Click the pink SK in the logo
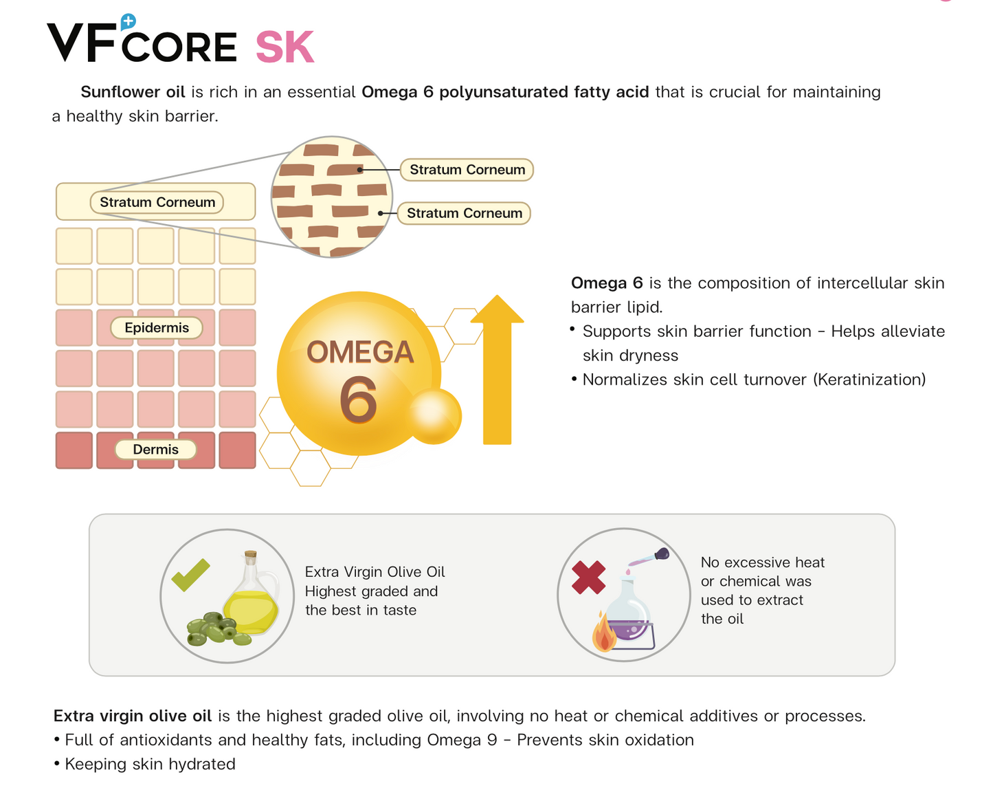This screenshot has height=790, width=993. pyautogui.click(x=284, y=48)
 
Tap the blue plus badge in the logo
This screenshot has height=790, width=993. pyautogui.click(x=128, y=22)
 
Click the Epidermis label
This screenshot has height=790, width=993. pyautogui.click(x=157, y=328)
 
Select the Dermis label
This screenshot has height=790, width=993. pyautogui.click(x=155, y=450)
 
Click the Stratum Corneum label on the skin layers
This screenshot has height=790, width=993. pyautogui.click(x=157, y=202)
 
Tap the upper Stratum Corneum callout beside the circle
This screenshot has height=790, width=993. pyautogui.click(x=467, y=170)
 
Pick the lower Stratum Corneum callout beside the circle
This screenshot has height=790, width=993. pyautogui.click(x=464, y=213)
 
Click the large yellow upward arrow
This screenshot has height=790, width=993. pyautogui.click(x=497, y=371)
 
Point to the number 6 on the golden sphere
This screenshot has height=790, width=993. pyautogui.click(x=358, y=400)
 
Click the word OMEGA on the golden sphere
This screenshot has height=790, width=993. pyautogui.click(x=360, y=353)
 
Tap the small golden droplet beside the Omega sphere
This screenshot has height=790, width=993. pyautogui.click(x=433, y=415)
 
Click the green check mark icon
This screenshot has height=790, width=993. pyautogui.click(x=190, y=575)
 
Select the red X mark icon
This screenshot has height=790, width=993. pyautogui.click(x=588, y=578)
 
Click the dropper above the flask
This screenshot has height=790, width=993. pyautogui.click(x=649, y=558)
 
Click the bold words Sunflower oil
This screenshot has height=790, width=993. pyautogui.click(x=133, y=92)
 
